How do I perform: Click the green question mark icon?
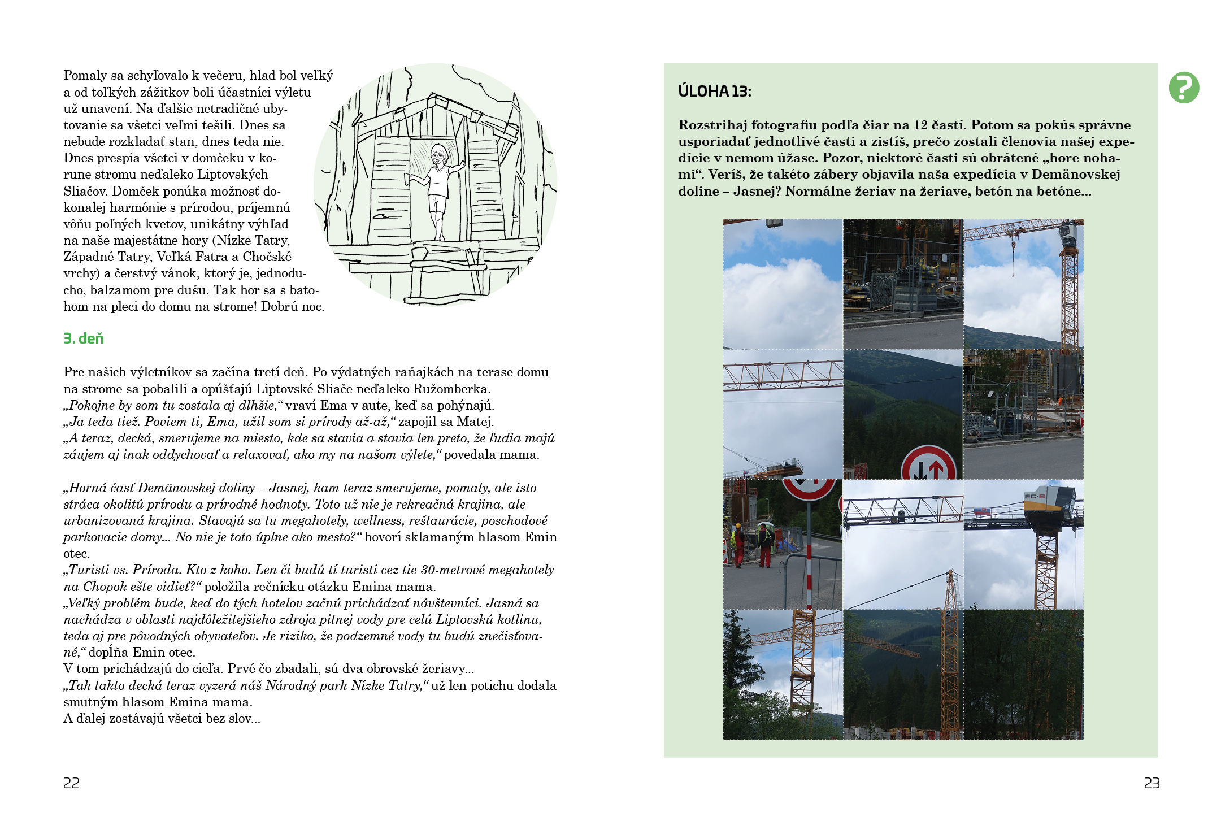[1184, 88]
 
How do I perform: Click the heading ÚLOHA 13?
[714, 92]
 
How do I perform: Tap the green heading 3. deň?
[84, 338]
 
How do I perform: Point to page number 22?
[71, 783]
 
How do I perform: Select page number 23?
[1152, 783]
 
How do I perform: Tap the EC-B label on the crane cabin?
[1035, 496]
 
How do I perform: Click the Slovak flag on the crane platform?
[983, 510]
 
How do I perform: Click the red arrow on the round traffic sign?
[935, 471]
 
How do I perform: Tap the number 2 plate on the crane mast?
[947, 614]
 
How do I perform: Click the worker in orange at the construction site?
[1059, 401]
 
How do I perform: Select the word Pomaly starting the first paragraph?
[85, 75]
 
